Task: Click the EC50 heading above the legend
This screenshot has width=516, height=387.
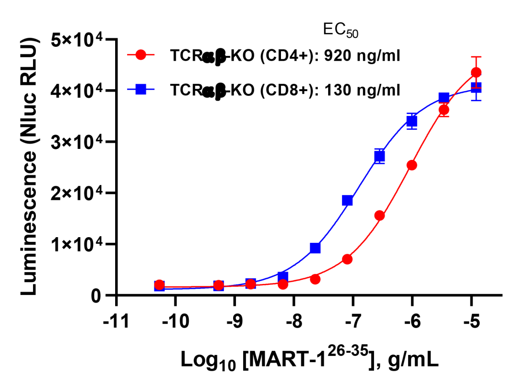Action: coord(340,30)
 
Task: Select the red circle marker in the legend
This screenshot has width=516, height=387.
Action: coord(141,55)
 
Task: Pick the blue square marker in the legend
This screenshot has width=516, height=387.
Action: coord(141,89)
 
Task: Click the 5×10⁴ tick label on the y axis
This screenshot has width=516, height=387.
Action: coord(79,40)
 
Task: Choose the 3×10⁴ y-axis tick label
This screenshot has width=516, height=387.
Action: coord(79,142)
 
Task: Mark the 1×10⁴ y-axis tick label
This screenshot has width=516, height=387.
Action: coord(79,244)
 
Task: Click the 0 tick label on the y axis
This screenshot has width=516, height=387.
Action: coord(97,296)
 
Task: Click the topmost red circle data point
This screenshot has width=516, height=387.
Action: coord(476,73)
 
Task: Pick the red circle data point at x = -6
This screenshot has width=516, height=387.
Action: coord(412,165)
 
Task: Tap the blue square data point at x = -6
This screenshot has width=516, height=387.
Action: coord(412,121)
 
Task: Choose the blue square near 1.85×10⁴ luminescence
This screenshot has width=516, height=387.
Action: coord(347,200)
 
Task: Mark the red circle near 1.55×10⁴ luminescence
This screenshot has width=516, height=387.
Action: coord(380,216)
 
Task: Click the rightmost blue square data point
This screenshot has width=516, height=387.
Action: coord(476,87)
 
